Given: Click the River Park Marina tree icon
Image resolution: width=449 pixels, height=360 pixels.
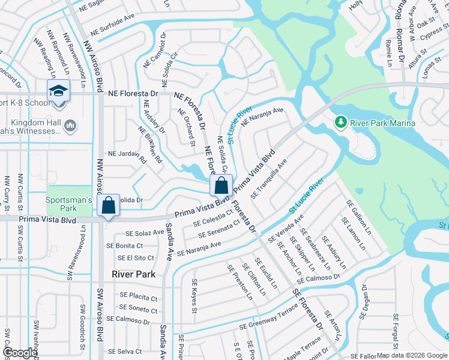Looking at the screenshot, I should coord(341,123).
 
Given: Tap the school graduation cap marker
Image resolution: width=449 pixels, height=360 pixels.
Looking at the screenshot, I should coord(58,91).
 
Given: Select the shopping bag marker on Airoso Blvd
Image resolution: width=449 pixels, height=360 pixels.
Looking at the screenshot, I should coord(109,205).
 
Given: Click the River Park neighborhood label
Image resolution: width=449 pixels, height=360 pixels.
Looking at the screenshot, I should coord(133,274).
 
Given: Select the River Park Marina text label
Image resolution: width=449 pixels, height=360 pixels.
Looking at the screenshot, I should coord(384,123).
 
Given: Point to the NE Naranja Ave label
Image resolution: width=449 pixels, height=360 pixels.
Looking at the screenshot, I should coord(262,116).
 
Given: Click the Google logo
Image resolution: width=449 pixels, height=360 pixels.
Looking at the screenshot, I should coord(20,353).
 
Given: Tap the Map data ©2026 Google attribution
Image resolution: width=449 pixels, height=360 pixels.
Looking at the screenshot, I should coord(412,355).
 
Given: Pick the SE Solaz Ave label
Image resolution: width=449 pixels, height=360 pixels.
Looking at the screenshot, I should coord(144,232).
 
